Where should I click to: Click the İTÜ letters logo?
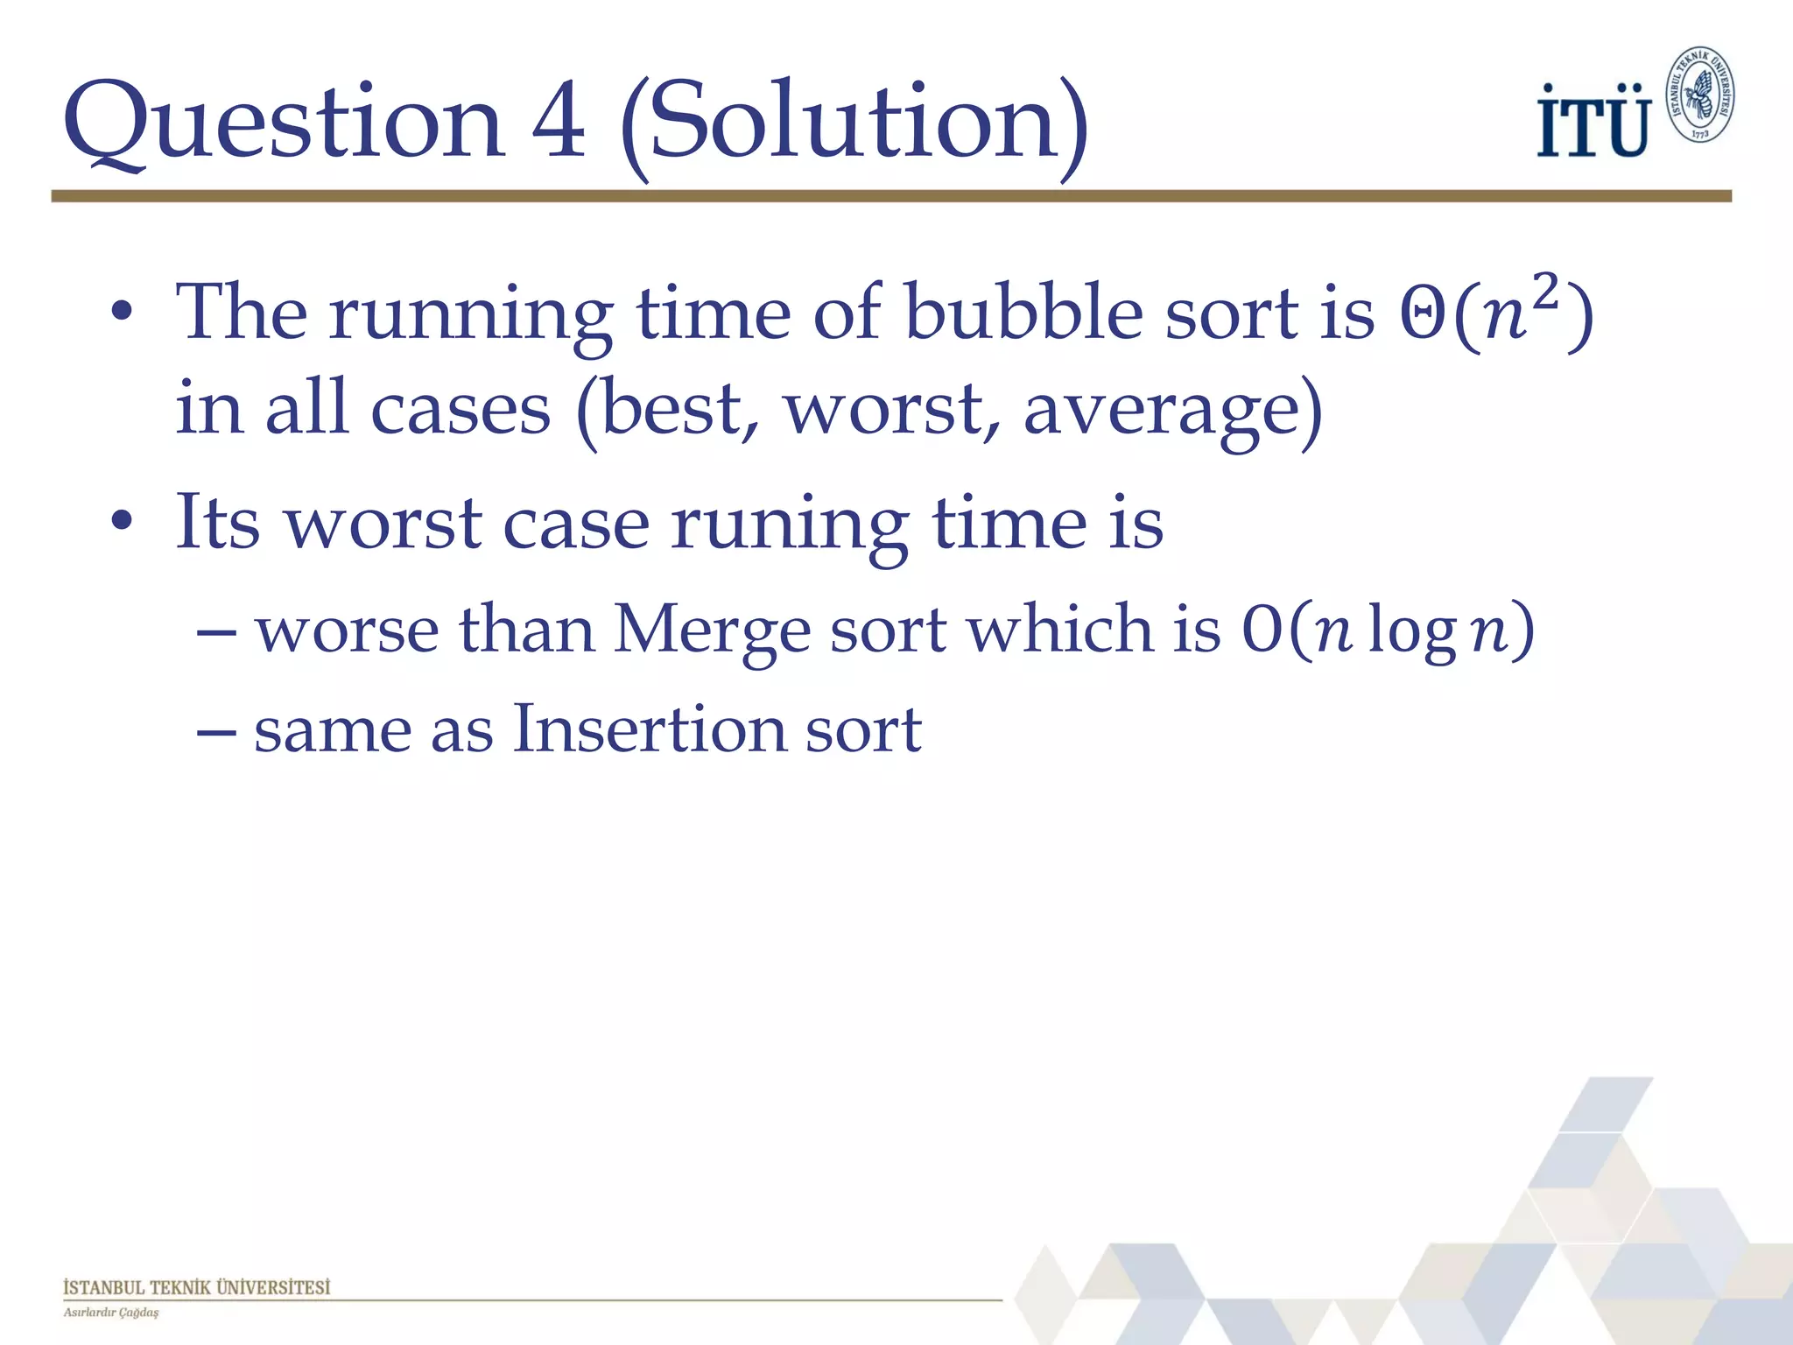(1593, 122)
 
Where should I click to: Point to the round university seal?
(1699, 95)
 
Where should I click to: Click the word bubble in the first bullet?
(1023, 313)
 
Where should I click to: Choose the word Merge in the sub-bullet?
(712, 630)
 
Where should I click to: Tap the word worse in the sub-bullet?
(347, 630)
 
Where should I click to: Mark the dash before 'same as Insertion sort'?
(215, 729)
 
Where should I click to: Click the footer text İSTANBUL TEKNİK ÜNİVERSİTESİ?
(197, 1287)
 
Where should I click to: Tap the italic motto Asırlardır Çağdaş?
(111, 1313)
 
